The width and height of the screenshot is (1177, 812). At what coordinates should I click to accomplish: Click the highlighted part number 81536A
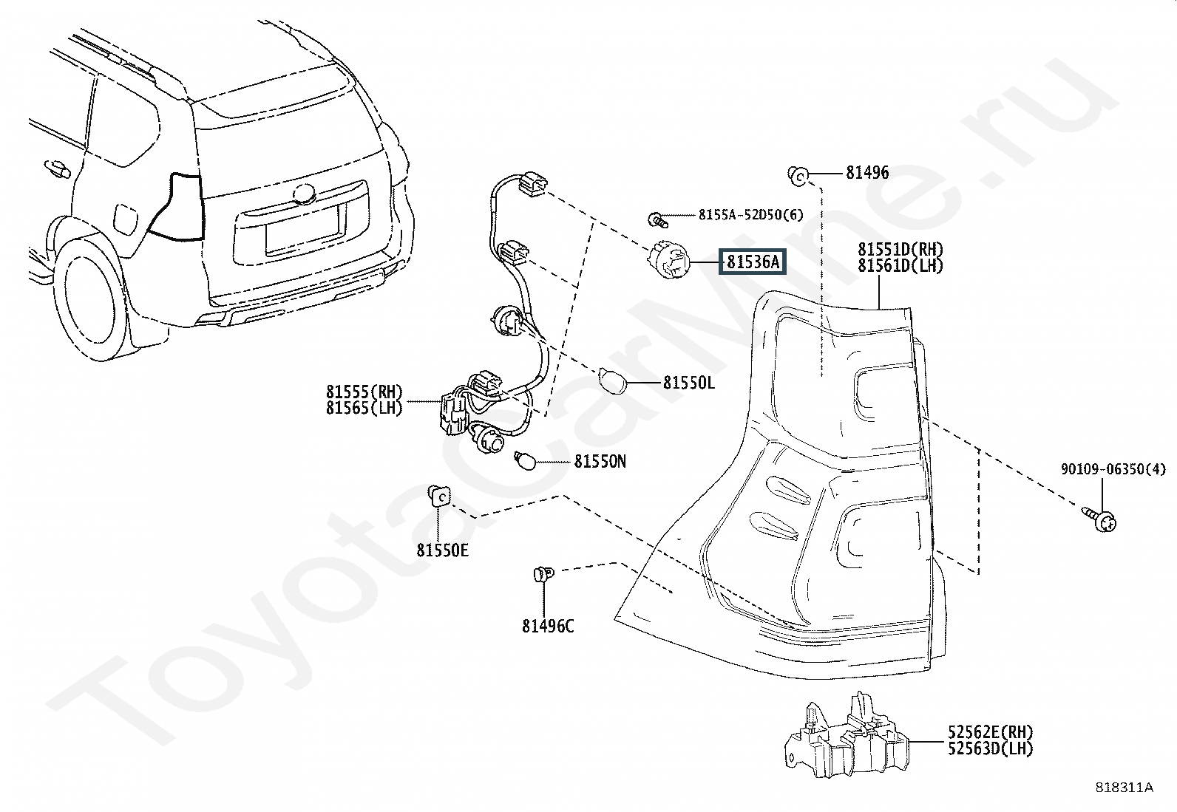coord(753,262)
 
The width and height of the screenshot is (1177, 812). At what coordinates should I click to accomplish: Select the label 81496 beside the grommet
coord(867,172)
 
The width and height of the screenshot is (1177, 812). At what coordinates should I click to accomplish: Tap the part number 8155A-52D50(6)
coord(751,215)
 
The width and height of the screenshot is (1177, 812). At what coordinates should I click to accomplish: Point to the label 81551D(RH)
coord(900,249)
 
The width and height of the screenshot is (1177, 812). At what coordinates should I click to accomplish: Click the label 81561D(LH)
coord(900,265)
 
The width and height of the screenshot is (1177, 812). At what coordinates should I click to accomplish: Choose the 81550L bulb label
coord(689,383)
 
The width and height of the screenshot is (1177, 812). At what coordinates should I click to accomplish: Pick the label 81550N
coord(600,461)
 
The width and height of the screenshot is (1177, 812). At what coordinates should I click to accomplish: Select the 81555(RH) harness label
coord(364,392)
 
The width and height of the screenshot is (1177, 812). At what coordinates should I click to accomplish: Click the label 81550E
coord(442,550)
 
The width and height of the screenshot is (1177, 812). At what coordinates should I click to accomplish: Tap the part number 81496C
coord(548,626)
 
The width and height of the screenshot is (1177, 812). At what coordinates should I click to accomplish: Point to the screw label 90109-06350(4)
coord(1113,469)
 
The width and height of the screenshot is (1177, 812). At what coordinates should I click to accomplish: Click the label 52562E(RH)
coord(991,731)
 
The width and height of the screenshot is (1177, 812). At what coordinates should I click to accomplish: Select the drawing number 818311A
coord(1125,788)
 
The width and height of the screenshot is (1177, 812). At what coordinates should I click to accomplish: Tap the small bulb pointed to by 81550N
coord(526,460)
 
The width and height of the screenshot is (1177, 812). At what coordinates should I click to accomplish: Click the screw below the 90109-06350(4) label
coord(1099,519)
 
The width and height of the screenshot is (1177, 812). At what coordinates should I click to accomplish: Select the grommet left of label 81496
coord(798,175)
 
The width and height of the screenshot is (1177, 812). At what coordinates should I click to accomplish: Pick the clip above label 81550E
coord(440,495)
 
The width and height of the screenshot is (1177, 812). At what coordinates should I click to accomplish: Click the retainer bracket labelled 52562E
coord(846,735)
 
